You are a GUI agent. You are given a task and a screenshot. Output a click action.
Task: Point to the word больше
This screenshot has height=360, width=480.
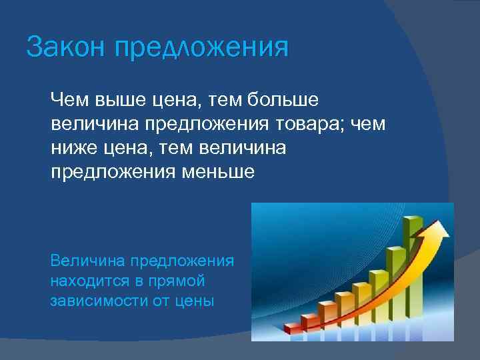pos(283,100)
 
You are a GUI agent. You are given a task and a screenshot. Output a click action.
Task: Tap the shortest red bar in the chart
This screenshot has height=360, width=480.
pos(293,327)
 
